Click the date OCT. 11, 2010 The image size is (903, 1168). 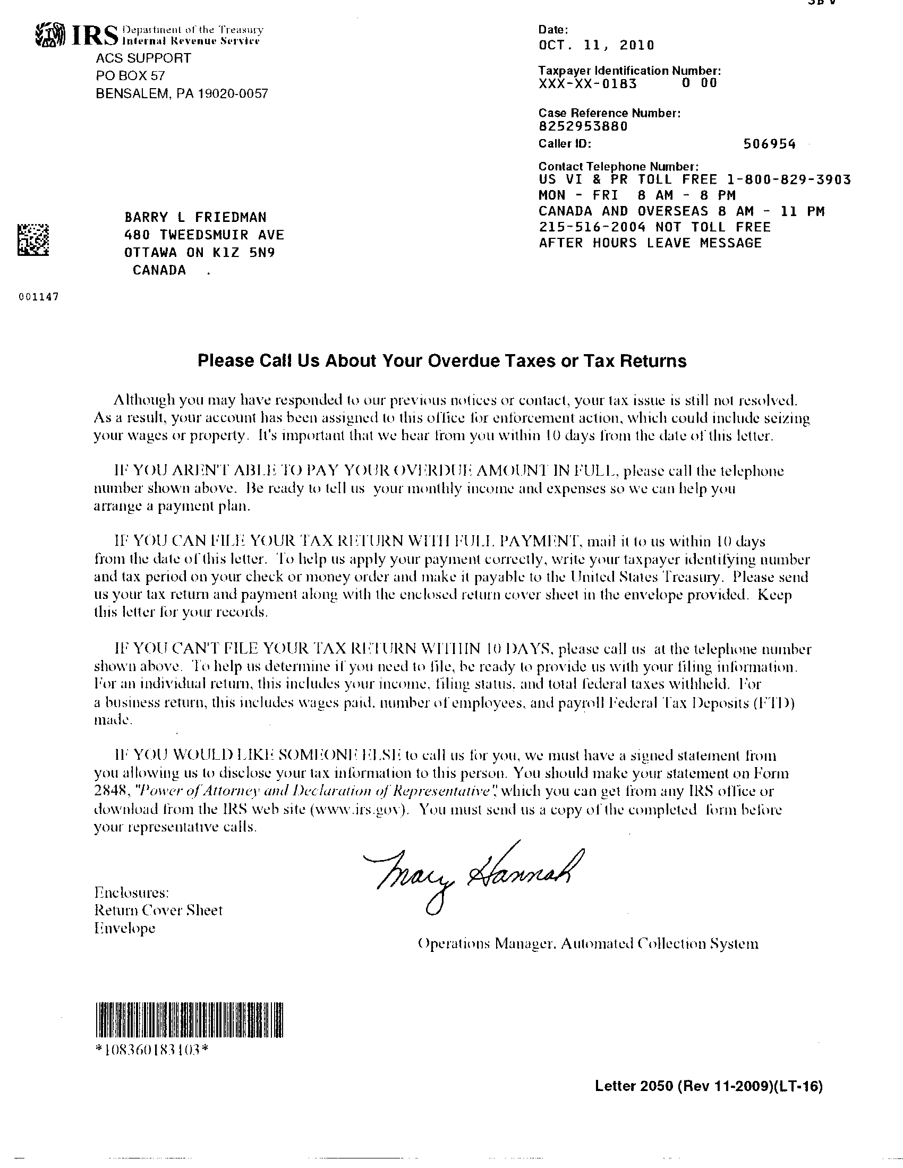tap(596, 45)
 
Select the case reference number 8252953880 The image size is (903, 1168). tap(583, 127)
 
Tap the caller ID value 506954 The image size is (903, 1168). tap(769, 144)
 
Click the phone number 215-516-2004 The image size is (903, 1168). tap(592, 227)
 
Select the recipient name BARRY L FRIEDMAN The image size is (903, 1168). tap(195, 217)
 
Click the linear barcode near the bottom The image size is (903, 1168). tap(190, 1035)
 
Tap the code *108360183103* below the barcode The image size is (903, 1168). tap(151, 1065)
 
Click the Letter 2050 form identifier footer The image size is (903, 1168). tap(708, 1101)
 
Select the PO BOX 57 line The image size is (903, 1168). tap(131, 76)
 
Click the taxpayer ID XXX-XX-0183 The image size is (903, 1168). tap(587, 83)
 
